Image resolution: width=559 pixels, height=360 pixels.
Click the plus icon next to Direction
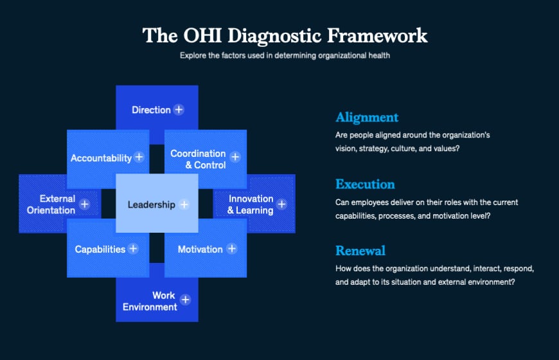click(x=179, y=109)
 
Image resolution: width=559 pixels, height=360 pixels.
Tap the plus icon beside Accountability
click(x=139, y=157)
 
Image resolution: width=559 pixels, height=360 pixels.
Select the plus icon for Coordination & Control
click(x=235, y=157)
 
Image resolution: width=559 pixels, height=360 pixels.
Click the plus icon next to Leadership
click(x=184, y=204)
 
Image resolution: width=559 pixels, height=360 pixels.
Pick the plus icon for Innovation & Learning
click(x=281, y=205)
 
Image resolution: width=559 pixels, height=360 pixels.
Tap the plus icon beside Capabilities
click(x=133, y=248)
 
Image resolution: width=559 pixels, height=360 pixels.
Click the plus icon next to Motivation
click(x=232, y=248)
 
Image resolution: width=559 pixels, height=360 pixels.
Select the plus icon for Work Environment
click(x=185, y=300)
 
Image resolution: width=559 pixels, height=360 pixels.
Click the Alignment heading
click(x=367, y=117)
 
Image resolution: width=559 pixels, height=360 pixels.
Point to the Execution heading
click(x=365, y=184)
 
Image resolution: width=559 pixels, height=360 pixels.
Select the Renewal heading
click(x=360, y=250)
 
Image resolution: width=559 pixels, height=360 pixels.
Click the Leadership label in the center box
click(x=151, y=205)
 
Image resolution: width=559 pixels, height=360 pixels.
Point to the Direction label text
click(x=151, y=110)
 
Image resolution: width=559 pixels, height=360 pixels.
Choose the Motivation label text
click(x=200, y=249)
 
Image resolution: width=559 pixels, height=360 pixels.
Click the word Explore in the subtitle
click(x=193, y=55)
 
